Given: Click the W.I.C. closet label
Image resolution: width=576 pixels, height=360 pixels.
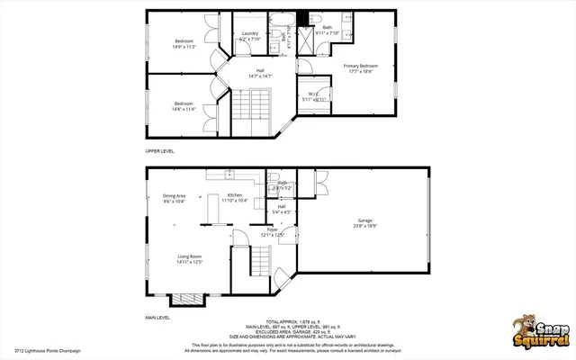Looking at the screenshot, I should (x=314, y=96).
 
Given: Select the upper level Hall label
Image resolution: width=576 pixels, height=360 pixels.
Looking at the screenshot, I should (x=260, y=73).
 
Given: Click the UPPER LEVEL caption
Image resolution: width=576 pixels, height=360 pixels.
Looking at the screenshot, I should (x=161, y=150).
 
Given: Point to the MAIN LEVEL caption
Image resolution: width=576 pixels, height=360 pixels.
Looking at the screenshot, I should (x=158, y=318).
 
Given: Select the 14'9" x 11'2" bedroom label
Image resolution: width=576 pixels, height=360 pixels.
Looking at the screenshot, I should (x=184, y=43).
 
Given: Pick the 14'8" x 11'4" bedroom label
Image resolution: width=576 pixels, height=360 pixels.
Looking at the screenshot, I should (x=184, y=106).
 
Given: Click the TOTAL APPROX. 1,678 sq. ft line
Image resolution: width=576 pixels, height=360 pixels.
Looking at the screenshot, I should (x=287, y=319).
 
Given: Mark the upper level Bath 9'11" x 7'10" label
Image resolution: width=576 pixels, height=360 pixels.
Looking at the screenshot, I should (x=327, y=31).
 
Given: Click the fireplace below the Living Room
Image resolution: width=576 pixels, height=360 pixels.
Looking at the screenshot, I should (x=188, y=298).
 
